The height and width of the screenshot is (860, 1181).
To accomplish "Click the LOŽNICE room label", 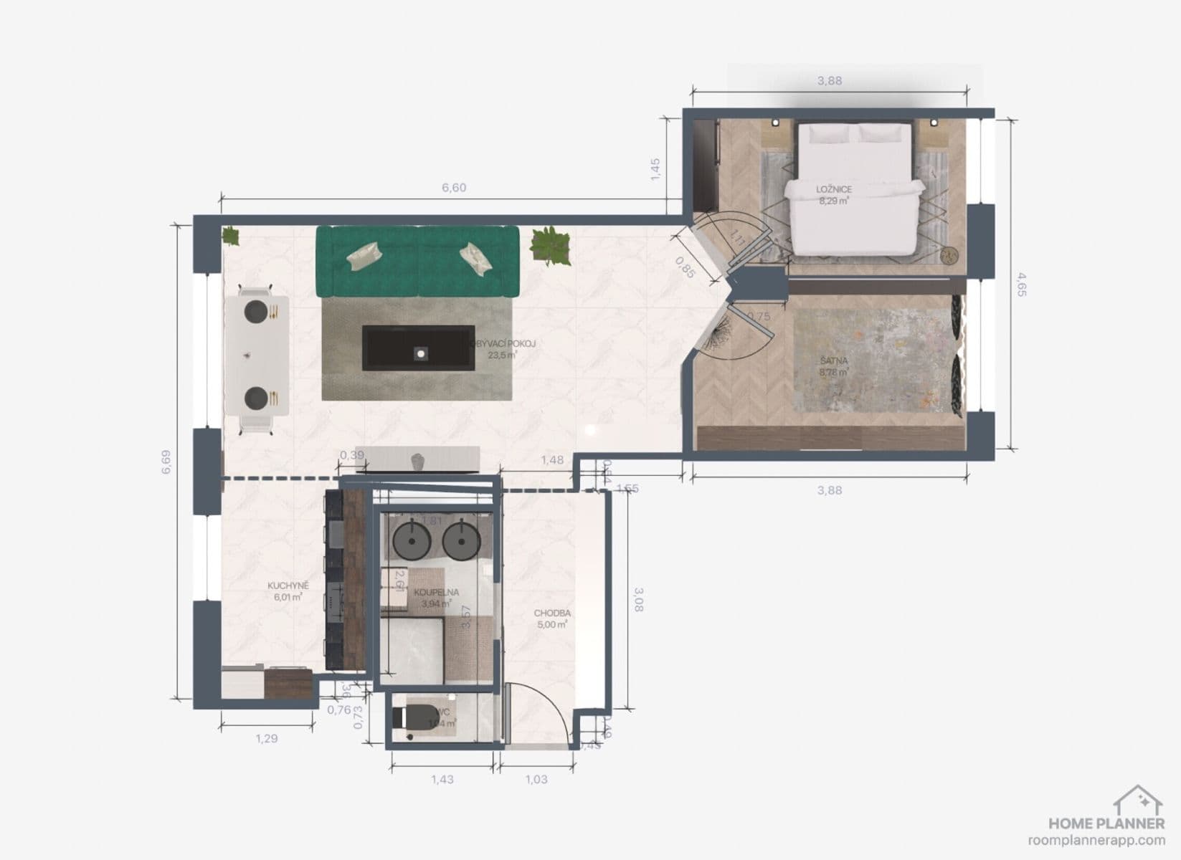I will click(x=834, y=190).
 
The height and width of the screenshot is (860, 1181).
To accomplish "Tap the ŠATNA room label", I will click(x=834, y=361).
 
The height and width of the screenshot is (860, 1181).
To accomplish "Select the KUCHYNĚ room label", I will click(x=288, y=586).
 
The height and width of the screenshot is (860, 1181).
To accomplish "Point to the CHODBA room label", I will click(x=552, y=613).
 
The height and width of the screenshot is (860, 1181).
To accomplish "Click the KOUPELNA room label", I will click(x=436, y=593).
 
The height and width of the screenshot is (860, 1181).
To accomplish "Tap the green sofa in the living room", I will click(x=417, y=261).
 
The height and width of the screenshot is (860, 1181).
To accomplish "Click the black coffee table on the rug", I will click(x=419, y=348).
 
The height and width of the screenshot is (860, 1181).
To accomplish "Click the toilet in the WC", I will click(x=414, y=717).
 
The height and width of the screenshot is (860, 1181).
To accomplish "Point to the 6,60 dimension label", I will click(x=454, y=188).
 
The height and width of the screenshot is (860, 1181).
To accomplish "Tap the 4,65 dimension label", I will click(x=1021, y=284).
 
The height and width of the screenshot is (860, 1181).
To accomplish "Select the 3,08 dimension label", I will click(x=638, y=599).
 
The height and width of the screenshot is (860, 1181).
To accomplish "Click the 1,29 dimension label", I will click(x=266, y=738).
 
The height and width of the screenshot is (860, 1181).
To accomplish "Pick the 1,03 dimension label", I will click(x=536, y=779).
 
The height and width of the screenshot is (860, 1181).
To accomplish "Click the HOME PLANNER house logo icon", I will click(x=1138, y=800).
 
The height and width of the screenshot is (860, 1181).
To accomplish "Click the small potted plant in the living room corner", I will click(x=230, y=235).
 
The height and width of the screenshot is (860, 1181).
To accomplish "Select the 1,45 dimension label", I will click(x=655, y=170).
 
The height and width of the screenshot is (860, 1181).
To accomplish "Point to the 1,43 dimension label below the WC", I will click(x=442, y=779).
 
